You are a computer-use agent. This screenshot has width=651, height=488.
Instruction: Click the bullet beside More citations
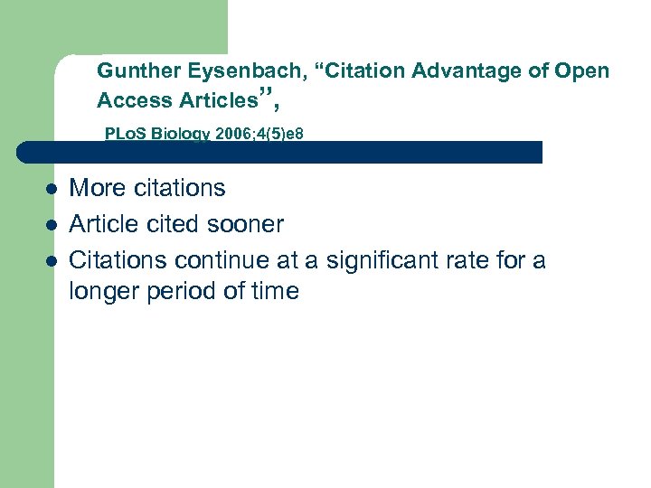coord(52,190)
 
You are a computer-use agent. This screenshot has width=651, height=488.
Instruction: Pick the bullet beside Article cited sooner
coord(52,225)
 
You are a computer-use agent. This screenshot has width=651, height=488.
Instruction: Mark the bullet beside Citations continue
coord(52,261)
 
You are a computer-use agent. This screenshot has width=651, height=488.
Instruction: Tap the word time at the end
coord(272,292)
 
